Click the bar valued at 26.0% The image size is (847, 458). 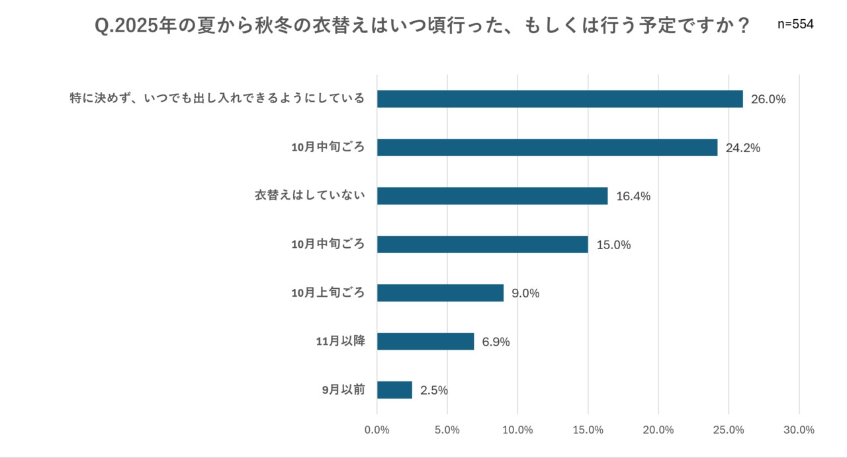point(560,99)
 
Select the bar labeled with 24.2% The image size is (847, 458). point(547,147)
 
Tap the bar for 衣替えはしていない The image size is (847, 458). point(492,196)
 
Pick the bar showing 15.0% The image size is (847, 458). point(482,245)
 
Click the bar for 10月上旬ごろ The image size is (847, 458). point(440,293)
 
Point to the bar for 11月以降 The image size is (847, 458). point(425,342)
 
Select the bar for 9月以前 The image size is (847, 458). point(394,390)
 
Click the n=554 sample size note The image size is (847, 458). point(795,24)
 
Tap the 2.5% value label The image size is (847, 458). point(434,391)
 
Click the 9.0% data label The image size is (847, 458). point(525,293)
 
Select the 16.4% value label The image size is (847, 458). point(633,196)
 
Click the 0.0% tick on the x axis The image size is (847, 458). point(377,430)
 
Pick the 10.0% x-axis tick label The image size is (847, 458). point(517,430)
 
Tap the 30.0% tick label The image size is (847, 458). point(799,430)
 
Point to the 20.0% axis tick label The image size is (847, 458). point(658,430)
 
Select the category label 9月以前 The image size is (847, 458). point(343,390)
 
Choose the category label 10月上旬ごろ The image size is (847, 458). point(328,293)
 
